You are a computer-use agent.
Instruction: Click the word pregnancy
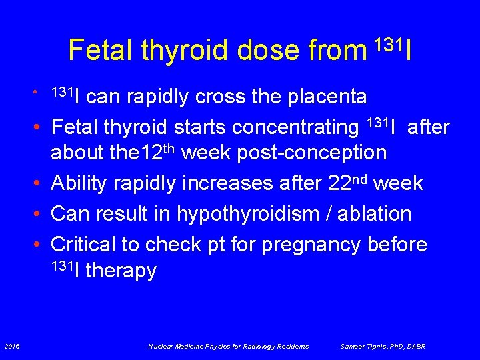pos(311,245)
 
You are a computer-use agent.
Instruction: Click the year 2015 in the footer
pos(11,346)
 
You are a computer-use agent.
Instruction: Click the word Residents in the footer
pos(294,346)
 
